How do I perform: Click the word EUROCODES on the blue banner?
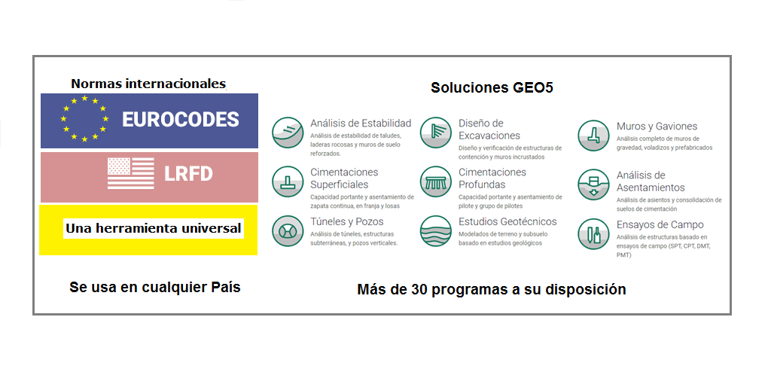(180, 120)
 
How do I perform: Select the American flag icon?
(131, 173)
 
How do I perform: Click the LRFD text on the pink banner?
(188, 174)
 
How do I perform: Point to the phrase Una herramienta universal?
(154, 228)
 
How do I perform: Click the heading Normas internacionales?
(148, 84)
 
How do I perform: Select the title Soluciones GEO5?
(492, 88)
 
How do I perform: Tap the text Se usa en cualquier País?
(155, 287)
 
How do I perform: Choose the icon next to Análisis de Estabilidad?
(288, 133)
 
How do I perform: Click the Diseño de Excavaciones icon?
(436, 133)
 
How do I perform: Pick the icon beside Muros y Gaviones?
(594, 136)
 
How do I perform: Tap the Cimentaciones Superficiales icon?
(288, 181)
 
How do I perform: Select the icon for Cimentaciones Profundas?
(436, 181)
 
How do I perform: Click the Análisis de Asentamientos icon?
(594, 184)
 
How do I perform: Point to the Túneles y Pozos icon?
(288, 231)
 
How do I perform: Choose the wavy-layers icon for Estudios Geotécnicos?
(436, 231)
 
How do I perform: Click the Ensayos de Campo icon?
(594, 234)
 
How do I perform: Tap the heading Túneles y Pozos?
(347, 222)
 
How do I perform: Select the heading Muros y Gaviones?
(657, 127)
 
